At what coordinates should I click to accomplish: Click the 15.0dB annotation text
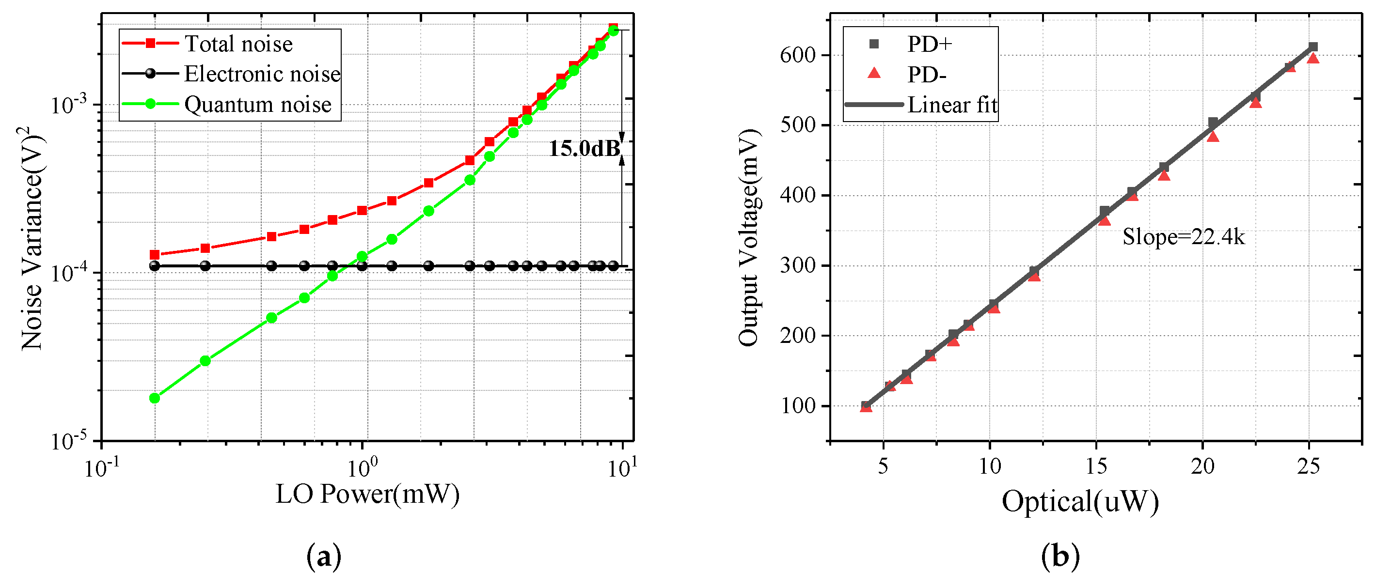(x=585, y=148)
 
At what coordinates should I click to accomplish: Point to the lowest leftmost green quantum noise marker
(x=155, y=398)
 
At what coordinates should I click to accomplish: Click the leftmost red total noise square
(x=155, y=254)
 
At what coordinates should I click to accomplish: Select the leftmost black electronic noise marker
(x=155, y=266)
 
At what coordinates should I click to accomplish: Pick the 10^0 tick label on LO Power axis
(x=363, y=467)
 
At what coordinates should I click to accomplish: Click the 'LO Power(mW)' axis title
(x=367, y=494)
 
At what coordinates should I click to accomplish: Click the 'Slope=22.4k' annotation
(x=1184, y=236)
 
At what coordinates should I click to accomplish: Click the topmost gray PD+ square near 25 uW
(x=1313, y=47)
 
